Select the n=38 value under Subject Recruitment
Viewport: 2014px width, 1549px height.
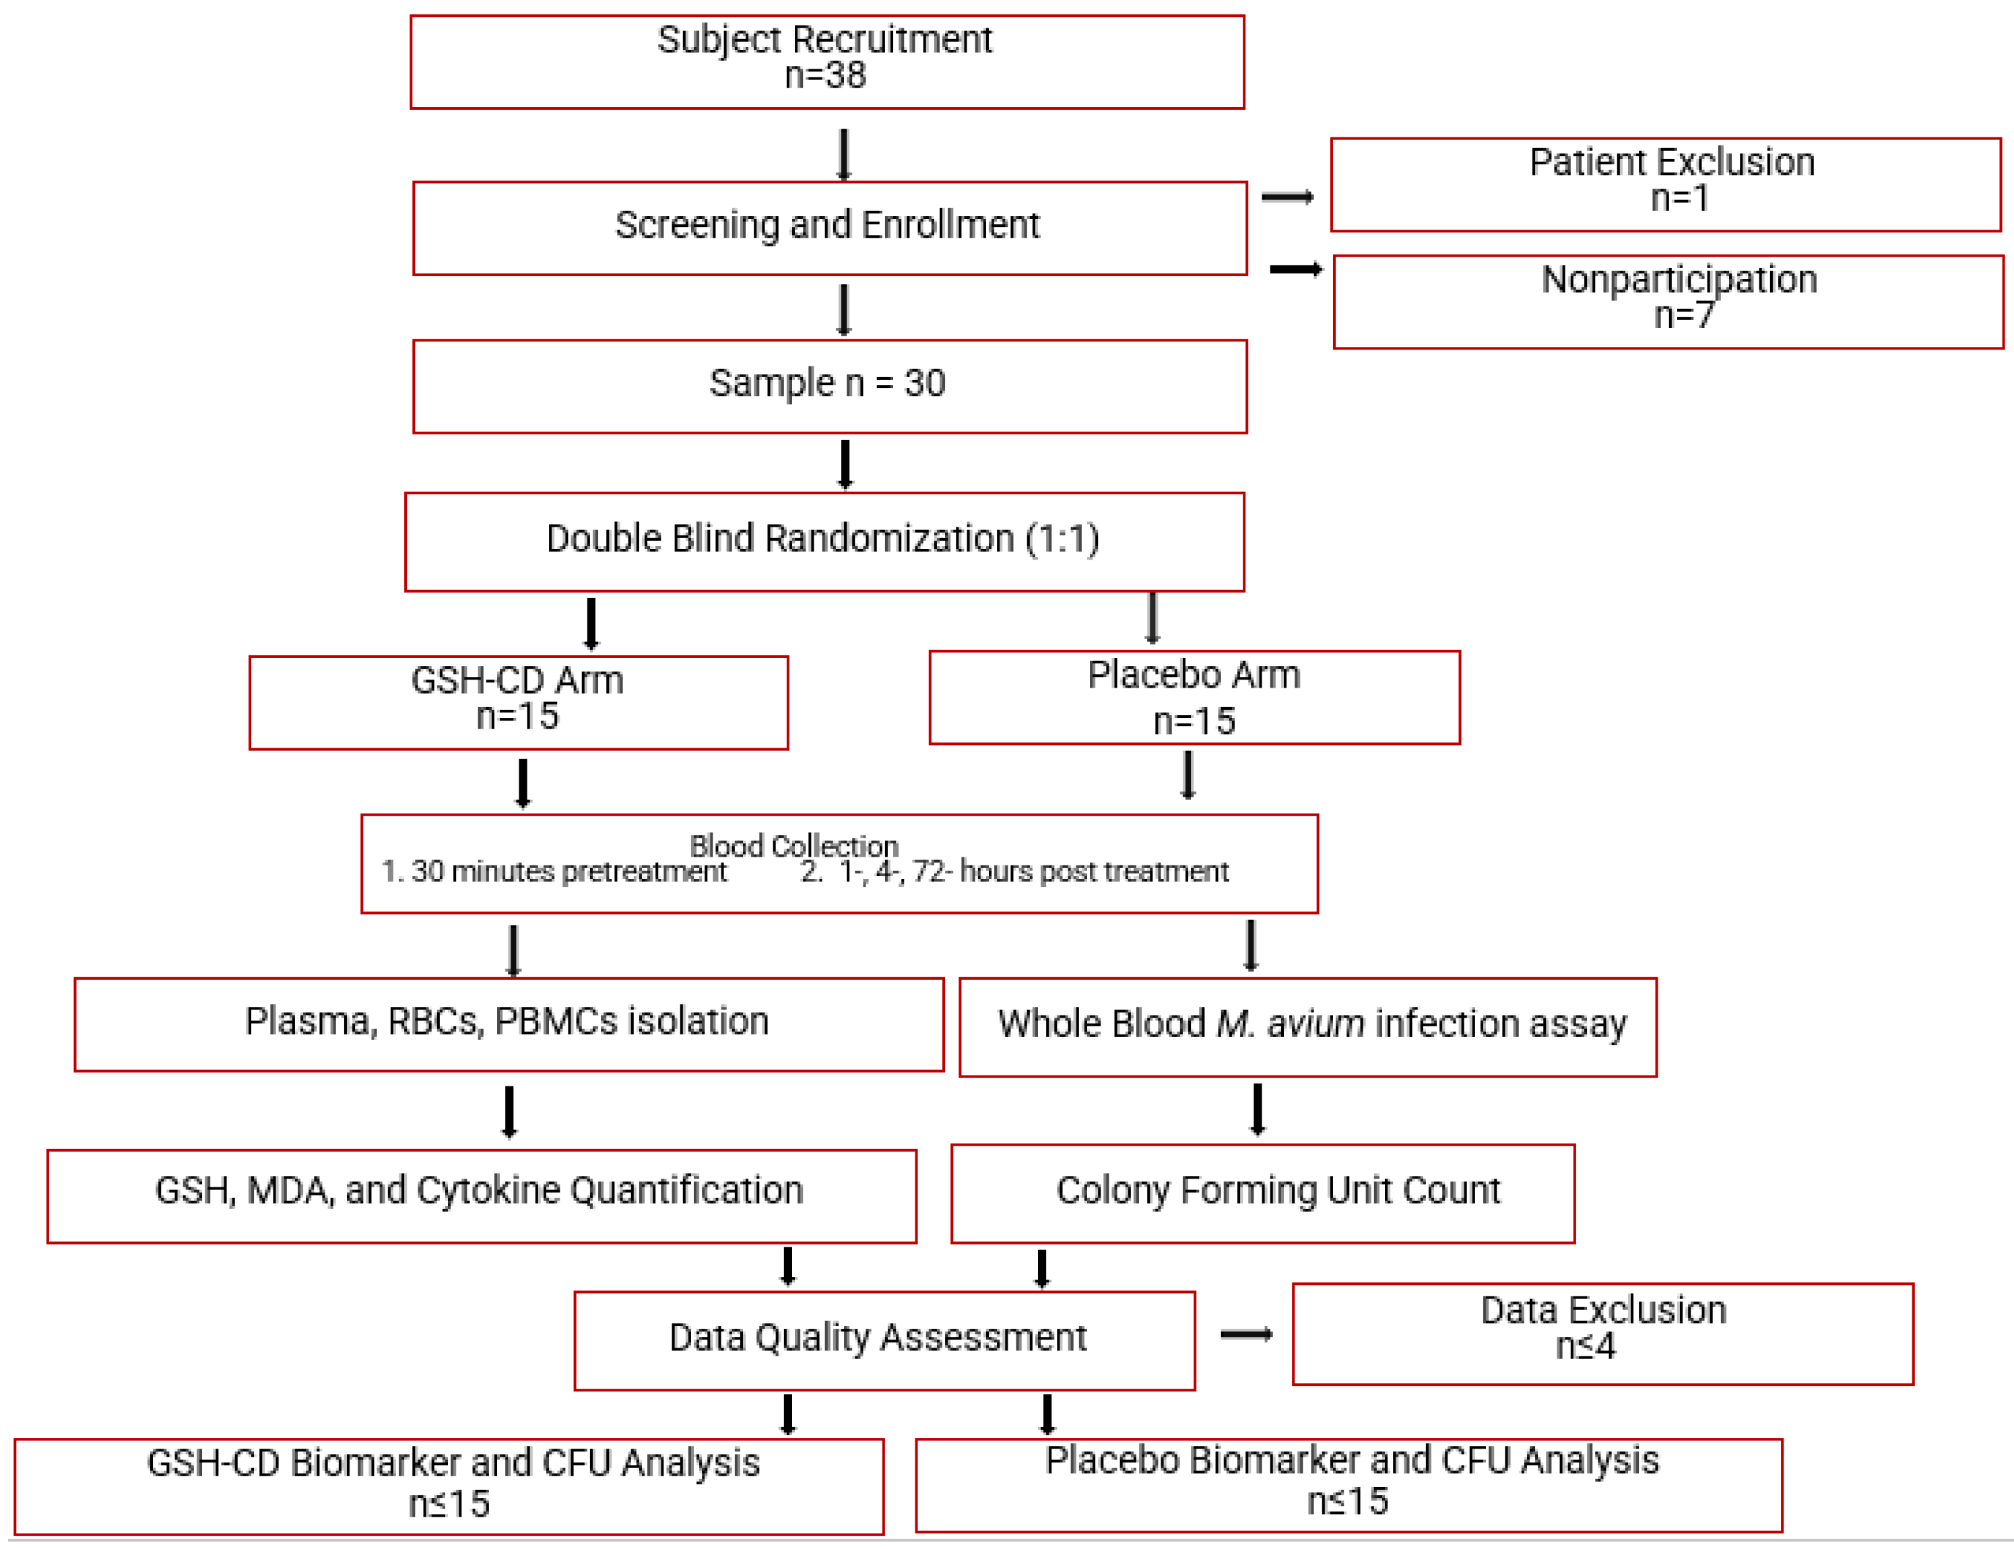pyautogui.click(x=825, y=75)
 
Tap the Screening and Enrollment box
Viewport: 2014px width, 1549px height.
pyautogui.click(x=829, y=227)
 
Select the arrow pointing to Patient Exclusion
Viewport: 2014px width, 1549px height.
pyautogui.click(x=1287, y=197)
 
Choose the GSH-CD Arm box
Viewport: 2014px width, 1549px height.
pyautogui.click(x=518, y=702)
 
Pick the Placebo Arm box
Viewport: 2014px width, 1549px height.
pyautogui.click(x=1194, y=697)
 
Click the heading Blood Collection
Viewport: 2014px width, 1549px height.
pyautogui.click(x=794, y=845)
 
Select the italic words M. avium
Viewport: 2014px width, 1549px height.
pyautogui.click(x=1289, y=1024)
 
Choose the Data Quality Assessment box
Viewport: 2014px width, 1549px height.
pyautogui.click(x=884, y=1339)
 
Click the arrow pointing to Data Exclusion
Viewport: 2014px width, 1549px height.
pyautogui.click(x=1246, y=1334)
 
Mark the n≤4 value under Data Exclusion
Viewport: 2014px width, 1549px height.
pyautogui.click(x=1585, y=1347)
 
